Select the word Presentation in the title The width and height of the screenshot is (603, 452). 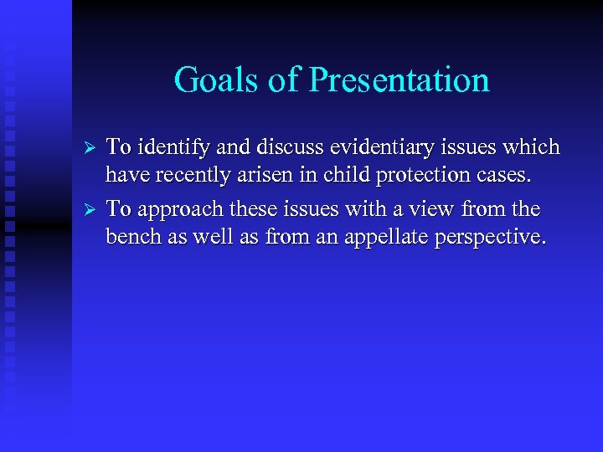point(399,80)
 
